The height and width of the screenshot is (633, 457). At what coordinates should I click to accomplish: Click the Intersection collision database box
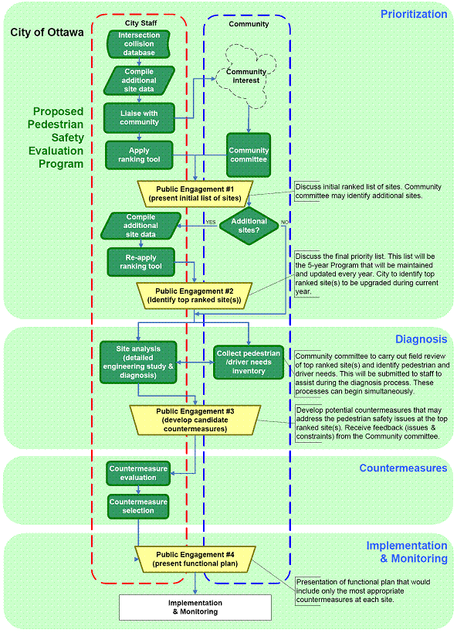(x=138, y=44)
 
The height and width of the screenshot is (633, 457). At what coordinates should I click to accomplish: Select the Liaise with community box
(x=139, y=118)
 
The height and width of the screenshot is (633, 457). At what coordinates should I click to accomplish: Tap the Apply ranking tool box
(x=139, y=155)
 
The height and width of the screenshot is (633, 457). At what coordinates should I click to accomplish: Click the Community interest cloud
(x=246, y=77)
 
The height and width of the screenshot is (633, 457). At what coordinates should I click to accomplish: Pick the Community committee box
(x=249, y=155)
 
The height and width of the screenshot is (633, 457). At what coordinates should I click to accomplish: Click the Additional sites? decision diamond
(x=249, y=226)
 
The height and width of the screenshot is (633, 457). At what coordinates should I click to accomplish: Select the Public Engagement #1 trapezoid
(x=195, y=194)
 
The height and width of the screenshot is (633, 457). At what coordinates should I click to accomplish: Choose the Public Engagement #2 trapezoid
(x=195, y=295)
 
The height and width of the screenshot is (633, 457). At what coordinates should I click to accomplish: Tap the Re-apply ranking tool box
(x=140, y=262)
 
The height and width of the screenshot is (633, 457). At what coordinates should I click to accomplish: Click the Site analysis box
(x=138, y=362)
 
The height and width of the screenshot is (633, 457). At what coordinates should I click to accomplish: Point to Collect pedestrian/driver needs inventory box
(x=249, y=362)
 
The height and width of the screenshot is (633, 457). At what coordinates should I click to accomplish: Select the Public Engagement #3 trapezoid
(x=195, y=420)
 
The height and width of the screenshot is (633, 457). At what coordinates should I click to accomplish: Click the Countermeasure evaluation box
(x=138, y=473)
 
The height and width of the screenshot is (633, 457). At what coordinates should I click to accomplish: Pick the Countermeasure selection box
(x=138, y=506)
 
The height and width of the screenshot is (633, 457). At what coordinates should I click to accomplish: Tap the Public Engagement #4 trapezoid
(x=195, y=559)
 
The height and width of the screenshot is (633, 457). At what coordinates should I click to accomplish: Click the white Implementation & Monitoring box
(x=195, y=607)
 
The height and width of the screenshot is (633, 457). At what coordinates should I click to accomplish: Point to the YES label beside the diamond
(x=211, y=222)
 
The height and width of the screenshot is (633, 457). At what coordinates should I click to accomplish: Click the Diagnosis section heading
(x=421, y=339)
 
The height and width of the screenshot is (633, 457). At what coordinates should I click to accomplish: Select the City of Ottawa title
(x=47, y=32)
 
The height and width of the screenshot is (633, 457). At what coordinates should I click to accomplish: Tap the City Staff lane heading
(x=140, y=23)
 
